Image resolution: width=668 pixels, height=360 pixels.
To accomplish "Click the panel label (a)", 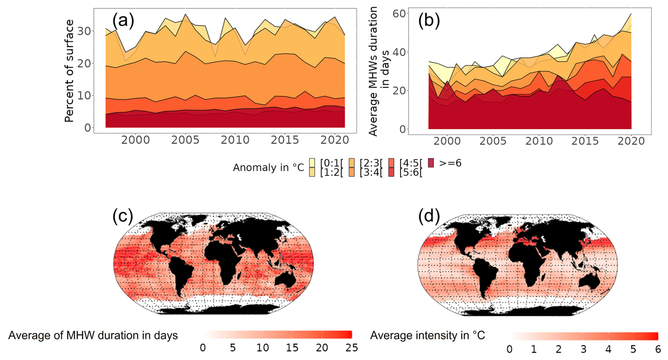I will (x=123, y=20).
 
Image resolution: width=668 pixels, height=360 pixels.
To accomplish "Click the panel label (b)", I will (x=429, y=20).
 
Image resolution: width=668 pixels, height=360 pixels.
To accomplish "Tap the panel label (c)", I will (x=123, y=216).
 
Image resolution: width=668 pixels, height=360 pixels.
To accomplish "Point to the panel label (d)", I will (x=429, y=216).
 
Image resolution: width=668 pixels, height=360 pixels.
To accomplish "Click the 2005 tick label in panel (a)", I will (x=185, y=140).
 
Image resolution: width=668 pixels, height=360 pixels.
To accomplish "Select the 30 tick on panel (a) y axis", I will (x=84, y=31).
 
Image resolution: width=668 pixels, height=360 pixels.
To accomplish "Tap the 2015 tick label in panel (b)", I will (x=585, y=141).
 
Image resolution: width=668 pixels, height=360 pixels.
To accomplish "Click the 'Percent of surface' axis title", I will (x=69, y=71).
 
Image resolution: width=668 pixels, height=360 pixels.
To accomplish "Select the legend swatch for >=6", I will (x=431, y=163).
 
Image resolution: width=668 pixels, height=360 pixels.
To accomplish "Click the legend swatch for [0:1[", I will (x=312, y=163).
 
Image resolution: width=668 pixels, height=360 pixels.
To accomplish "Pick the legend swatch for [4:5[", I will (x=391, y=163).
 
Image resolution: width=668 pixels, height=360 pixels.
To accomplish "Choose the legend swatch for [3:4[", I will (x=352, y=172).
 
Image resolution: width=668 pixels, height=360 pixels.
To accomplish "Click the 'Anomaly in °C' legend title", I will (x=268, y=168).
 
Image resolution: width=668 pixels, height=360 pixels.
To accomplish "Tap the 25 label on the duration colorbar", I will (x=352, y=348).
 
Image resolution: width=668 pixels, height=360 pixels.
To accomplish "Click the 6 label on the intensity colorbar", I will (x=658, y=349).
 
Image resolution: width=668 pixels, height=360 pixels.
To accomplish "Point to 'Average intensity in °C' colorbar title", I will (x=427, y=335).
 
